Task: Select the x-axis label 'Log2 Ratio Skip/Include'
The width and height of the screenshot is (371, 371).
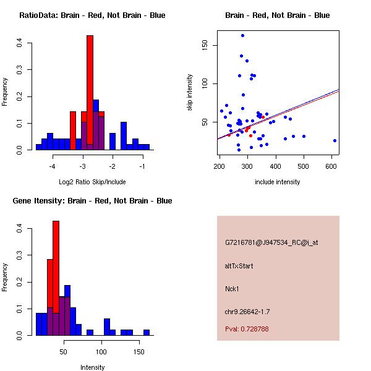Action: tap(92, 181)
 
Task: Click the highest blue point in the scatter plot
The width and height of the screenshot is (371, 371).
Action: tap(242, 35)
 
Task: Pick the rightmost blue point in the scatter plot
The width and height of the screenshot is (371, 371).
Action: tap(335, 140)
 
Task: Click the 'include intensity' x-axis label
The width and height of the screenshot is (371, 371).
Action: tap(278, 182)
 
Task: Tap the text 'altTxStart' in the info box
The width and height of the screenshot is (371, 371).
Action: tap(239, 266)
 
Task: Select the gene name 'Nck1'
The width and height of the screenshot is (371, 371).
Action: tap(232, 288)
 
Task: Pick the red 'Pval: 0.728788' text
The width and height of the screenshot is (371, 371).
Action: tap(247, 329)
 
